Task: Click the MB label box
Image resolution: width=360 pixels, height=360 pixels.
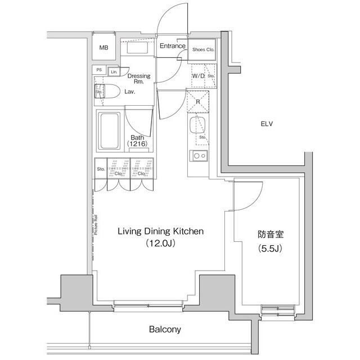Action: tap(103, 48)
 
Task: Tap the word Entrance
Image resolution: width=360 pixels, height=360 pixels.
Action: tap(172, 46)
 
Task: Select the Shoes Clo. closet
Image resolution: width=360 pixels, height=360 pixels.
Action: tap(202, 49)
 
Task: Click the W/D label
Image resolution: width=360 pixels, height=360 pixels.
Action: tap(197, 75)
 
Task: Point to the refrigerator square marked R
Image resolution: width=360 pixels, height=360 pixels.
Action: tap(198, 102)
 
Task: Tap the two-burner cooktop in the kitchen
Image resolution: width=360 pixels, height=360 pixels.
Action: tap(199, 155)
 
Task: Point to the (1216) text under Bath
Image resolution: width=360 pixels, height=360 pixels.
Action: tap(137, 145)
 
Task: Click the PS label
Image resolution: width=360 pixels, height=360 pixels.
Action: tap(99, 70)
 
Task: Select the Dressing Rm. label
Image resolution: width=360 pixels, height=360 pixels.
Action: tap(138, 79)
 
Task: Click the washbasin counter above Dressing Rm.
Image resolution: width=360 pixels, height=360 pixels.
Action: tap(137, 48)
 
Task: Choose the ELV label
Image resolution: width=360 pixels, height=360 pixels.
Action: tap(266, 124)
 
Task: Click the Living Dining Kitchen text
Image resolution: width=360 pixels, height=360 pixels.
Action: tap(160, 231)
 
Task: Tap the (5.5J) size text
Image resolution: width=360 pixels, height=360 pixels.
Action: tap(269, 248)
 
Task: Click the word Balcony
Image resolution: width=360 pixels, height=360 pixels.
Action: tap(165, 330)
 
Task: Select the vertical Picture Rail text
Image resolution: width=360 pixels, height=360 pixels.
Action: tap(96, 224)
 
